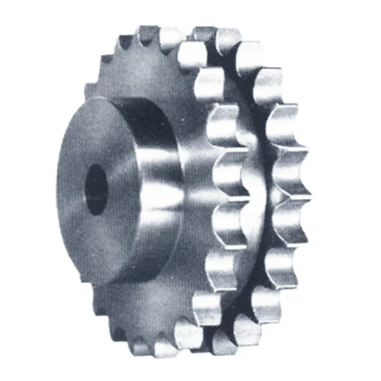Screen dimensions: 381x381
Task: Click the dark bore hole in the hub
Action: click(95, 188)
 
